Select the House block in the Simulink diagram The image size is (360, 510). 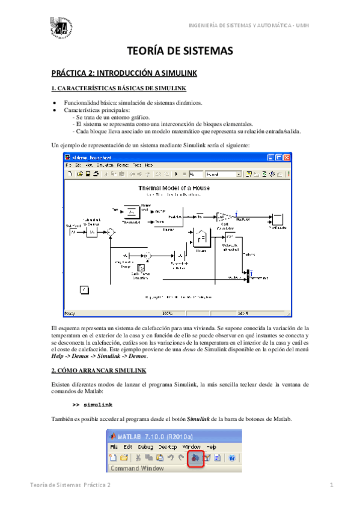[202, 241]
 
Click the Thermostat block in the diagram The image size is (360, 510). [131, 212]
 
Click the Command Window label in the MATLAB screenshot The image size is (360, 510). [132, 468]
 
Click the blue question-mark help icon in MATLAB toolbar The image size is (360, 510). [231, 458]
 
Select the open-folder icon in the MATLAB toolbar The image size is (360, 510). [124, 458]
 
